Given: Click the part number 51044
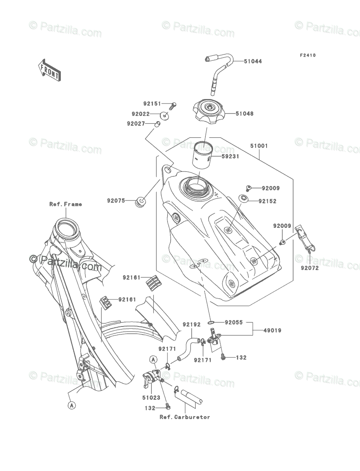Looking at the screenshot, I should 252,62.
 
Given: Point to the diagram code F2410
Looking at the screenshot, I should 307,56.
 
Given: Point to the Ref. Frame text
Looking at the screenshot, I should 66,204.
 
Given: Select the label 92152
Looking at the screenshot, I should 267,201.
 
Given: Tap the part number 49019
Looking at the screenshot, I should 272,331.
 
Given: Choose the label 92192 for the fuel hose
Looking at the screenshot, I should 191,324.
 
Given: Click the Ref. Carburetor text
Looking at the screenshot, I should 185,417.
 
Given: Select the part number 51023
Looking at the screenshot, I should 151,397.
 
